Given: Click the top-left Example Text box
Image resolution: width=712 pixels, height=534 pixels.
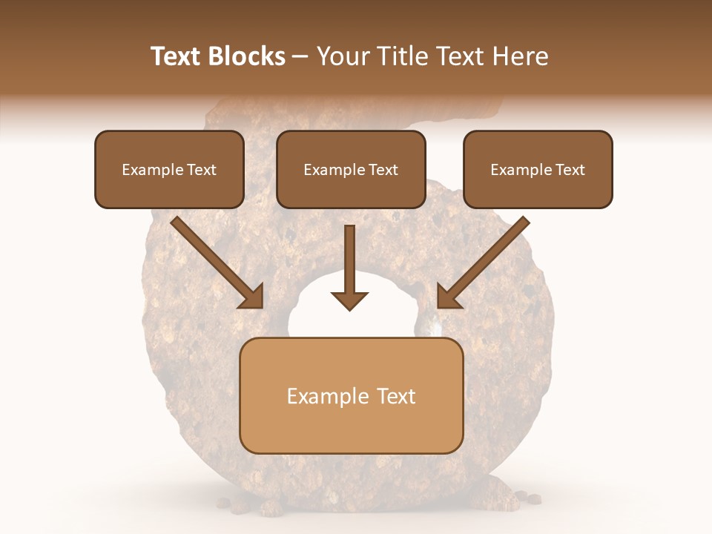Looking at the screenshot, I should coord(169,169).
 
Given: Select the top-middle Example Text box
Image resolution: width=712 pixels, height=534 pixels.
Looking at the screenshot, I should coord(351,169).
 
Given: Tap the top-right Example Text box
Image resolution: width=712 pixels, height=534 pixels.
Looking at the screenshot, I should coord(538,169).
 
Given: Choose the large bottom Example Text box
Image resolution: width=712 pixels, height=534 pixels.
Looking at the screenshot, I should coord(352,395).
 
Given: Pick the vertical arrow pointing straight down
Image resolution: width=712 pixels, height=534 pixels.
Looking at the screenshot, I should coord(349,267).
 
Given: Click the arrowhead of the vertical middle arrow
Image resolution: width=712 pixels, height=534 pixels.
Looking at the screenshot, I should coord(349,300).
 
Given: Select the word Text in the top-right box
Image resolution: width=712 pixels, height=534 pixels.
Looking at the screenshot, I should coord(570,170).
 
